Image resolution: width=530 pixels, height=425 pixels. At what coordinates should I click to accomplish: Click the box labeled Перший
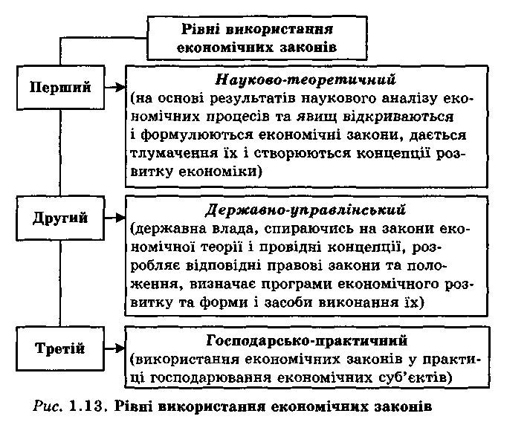(x=60, y=88)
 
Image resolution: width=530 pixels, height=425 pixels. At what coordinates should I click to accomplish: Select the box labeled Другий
(x=60, y=218)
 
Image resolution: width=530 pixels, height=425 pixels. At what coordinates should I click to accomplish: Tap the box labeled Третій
(x=60, y=348)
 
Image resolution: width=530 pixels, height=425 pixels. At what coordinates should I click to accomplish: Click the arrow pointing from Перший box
(x=115, y=88)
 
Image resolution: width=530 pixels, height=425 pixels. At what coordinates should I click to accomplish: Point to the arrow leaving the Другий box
(x=115, y=218)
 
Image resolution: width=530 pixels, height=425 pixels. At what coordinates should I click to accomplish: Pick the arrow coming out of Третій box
(x=115, y=348)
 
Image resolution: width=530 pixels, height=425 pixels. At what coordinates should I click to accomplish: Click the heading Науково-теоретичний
(x=306, y=80)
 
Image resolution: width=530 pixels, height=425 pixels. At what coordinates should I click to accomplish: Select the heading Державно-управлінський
(x=306, y=210)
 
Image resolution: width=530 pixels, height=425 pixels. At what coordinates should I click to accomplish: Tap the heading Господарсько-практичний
(x=307, y=340)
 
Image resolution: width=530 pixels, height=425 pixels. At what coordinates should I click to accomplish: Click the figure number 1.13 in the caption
(x=85, y=406)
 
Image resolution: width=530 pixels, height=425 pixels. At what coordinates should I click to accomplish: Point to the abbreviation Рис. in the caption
(x=48, y=406)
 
